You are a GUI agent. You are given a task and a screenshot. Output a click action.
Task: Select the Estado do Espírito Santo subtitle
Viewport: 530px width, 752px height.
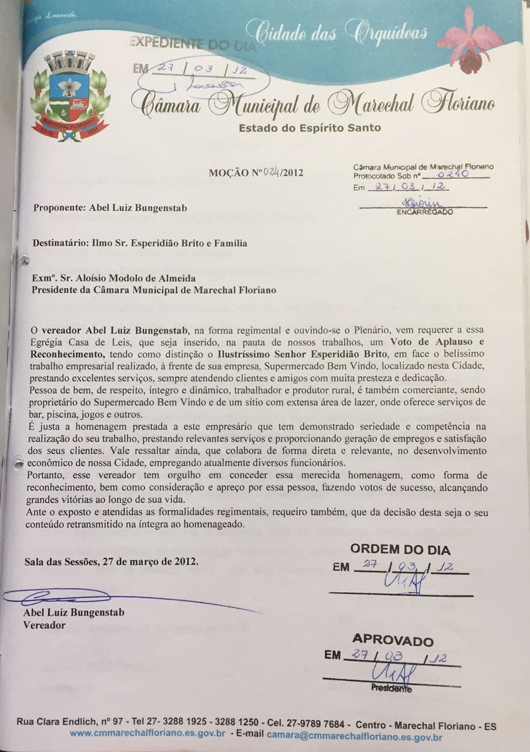coord(310,128)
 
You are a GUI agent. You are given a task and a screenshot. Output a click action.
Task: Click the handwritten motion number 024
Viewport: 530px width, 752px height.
coord(272,173)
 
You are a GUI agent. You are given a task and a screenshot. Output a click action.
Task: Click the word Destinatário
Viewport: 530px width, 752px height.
coord(58,243)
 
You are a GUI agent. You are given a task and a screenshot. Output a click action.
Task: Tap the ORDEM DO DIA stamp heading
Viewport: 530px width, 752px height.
coord(400,550)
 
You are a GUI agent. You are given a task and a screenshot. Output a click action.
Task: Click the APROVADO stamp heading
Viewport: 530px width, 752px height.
coord(393,641)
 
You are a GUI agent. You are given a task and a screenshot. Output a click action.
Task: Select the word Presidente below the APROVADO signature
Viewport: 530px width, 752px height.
coord(391,689)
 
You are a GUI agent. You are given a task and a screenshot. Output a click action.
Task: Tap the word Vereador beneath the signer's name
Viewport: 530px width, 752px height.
coord(44,625)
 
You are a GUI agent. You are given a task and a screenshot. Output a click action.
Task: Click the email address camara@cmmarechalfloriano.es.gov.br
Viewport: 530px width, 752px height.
coord(354,735)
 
